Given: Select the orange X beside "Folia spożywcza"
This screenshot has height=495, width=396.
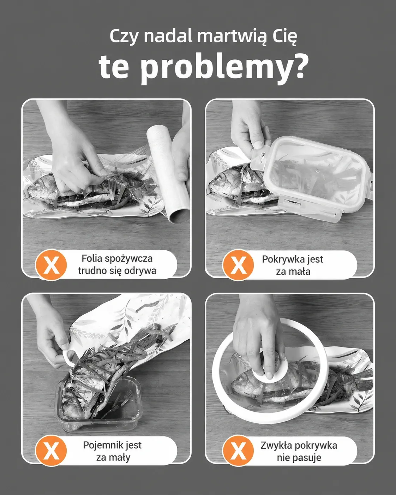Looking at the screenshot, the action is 51,265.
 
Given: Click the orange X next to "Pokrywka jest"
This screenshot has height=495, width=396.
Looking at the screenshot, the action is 238,265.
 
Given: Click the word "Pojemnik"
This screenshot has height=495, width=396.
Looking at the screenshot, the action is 101,445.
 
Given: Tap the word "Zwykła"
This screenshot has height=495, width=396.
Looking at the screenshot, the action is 275,446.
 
